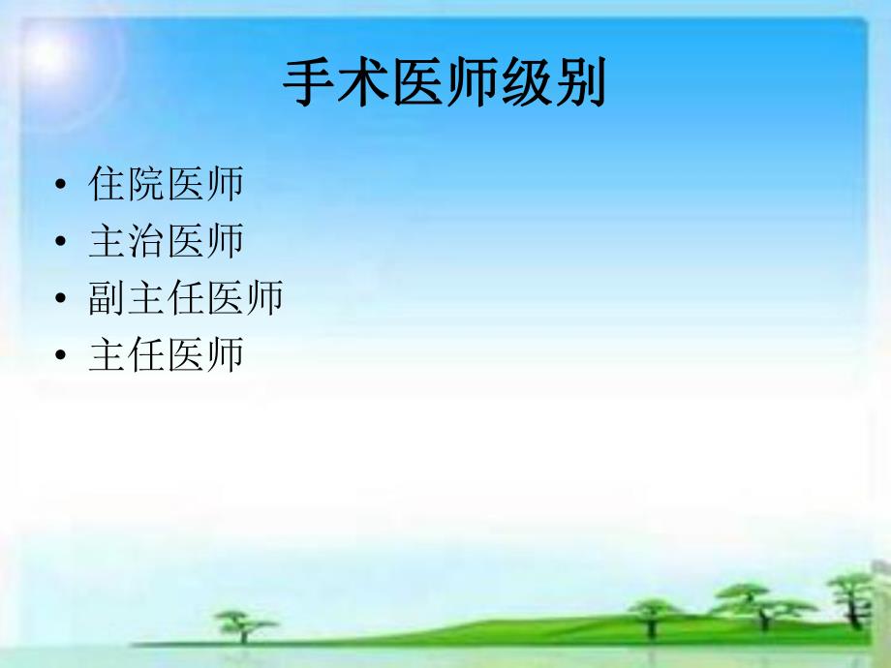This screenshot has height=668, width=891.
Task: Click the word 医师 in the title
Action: [445, 85]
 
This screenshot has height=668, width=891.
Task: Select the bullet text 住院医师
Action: [166, 184]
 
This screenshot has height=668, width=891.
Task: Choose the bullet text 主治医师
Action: [166, 241]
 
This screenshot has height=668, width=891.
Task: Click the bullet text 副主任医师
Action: [186, 298]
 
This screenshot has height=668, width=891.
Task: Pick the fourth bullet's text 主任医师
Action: [166, 355]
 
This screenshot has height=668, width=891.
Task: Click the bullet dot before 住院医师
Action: [62, 186]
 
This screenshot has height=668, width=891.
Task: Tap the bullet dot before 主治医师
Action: [62, 243]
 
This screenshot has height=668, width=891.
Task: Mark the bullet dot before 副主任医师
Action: [62, 300]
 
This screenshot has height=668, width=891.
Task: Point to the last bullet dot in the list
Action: [62, 357]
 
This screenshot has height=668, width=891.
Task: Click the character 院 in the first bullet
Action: [146, 184]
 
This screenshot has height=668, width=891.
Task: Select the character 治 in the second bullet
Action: [146, 241]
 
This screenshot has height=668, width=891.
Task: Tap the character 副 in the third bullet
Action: [107, 298]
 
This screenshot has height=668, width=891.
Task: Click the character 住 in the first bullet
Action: [107, 184]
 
